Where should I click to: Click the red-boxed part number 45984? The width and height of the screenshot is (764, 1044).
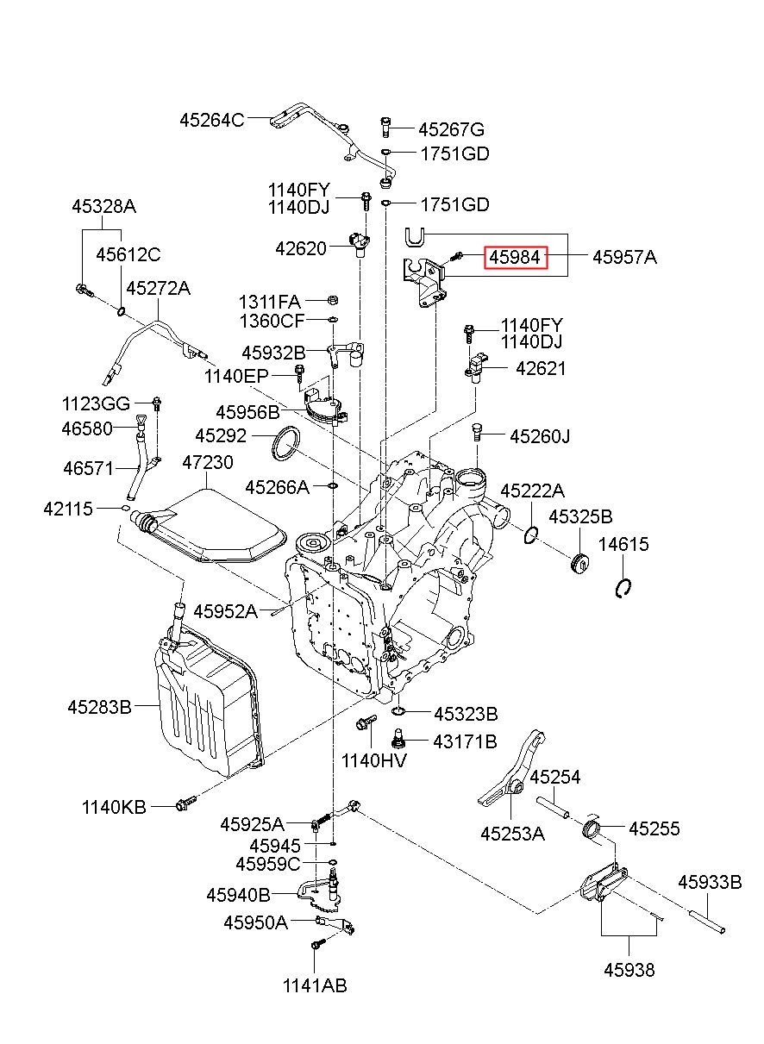tap(515, 257)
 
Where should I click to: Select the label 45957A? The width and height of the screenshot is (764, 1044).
tap(624, 257)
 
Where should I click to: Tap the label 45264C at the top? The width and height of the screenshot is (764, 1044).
tap(211, 120)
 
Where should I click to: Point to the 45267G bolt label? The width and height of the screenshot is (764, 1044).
tap(451, 129)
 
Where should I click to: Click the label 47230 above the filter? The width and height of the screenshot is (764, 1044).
tap(208, 462)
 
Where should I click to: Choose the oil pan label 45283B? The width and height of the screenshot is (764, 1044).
tap(99, 707)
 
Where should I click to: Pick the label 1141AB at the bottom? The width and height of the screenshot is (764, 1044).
tap(315, 985)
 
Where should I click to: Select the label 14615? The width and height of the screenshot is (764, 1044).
tap(623, 544)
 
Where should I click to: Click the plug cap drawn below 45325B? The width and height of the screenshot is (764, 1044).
tap(579, 563)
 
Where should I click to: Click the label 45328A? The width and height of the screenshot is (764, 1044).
tap(104, 206)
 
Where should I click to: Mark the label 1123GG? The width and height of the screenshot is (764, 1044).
tap(96, 403)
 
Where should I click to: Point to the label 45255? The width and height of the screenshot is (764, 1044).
tap(654, 828)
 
